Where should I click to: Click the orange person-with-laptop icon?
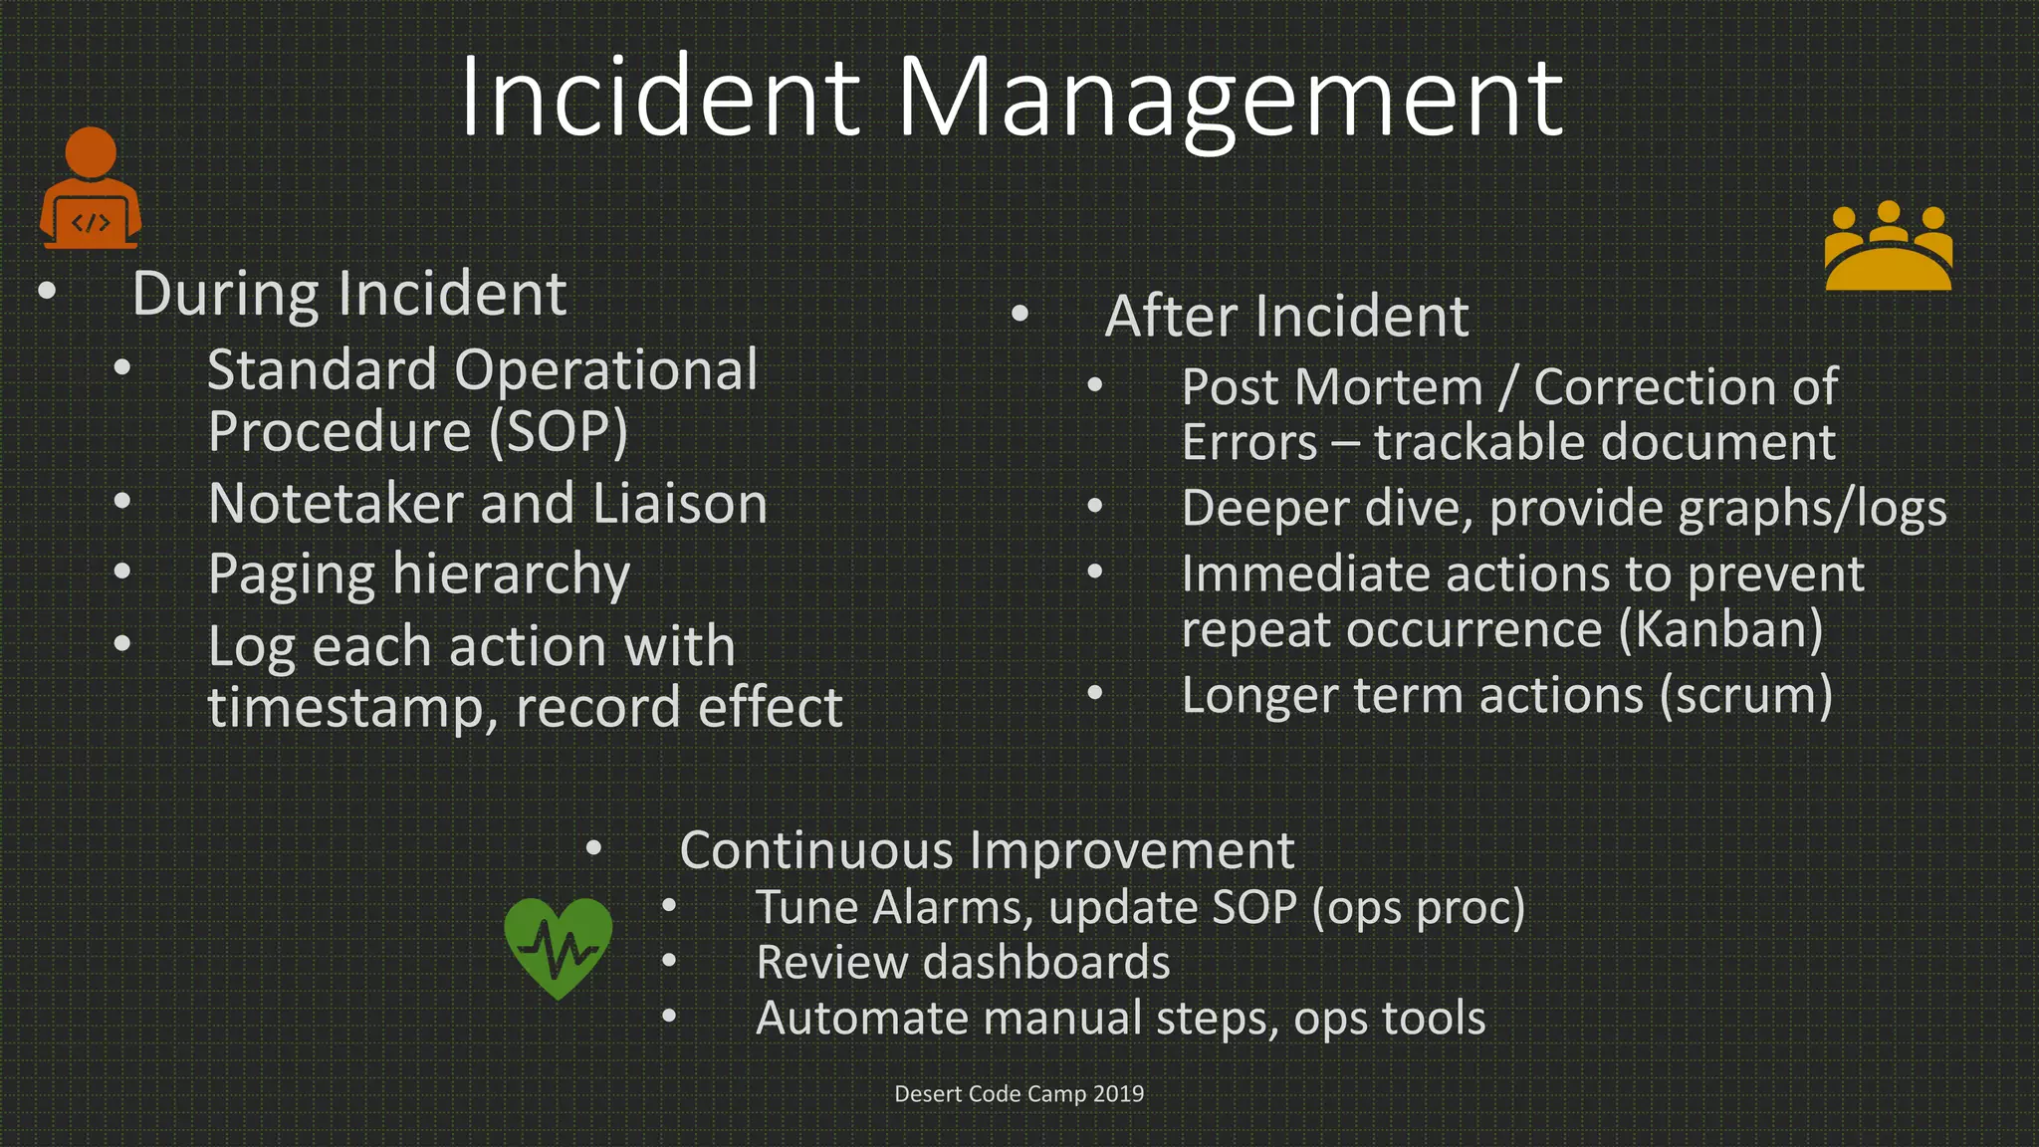[x=90, y=189]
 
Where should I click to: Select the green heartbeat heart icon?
[x=558, y=947]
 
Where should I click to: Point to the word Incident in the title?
[x=659, y=98]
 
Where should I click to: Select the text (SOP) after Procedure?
[x=558, y=432]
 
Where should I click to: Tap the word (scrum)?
[x=1745, y=695]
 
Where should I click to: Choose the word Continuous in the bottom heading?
[x=816, y=850]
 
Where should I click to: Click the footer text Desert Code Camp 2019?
[x=1019, y=1093]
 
